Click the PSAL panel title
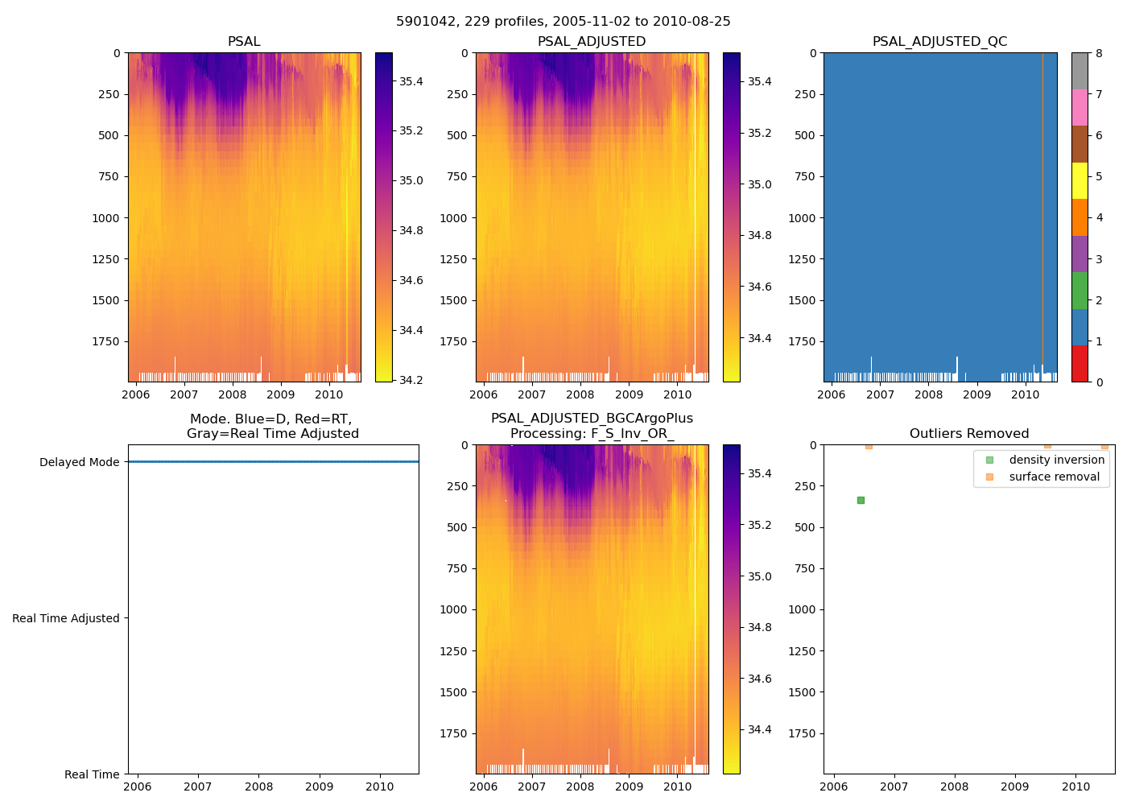click(244, 41)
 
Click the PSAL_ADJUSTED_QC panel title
click(939, 41)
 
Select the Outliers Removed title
click(968, 433)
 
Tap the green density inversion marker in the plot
click(861, 500)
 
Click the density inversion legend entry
click(1056, 460)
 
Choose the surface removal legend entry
click(1054, 477)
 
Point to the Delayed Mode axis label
click(79, 462)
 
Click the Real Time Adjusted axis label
click(66, 618)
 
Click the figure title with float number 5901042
click(563, 22)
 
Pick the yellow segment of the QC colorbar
click(1080, 180)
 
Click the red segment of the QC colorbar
click(1080, 363)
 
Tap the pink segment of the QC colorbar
click(1080, 107)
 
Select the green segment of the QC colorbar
click(1080, 290)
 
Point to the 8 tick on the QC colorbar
click(1099, 53)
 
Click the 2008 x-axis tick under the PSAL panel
click(233, 394)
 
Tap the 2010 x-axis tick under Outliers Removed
click(1076, 786)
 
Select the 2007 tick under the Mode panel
click(198, 786)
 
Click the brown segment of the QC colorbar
click(1080, 144)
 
